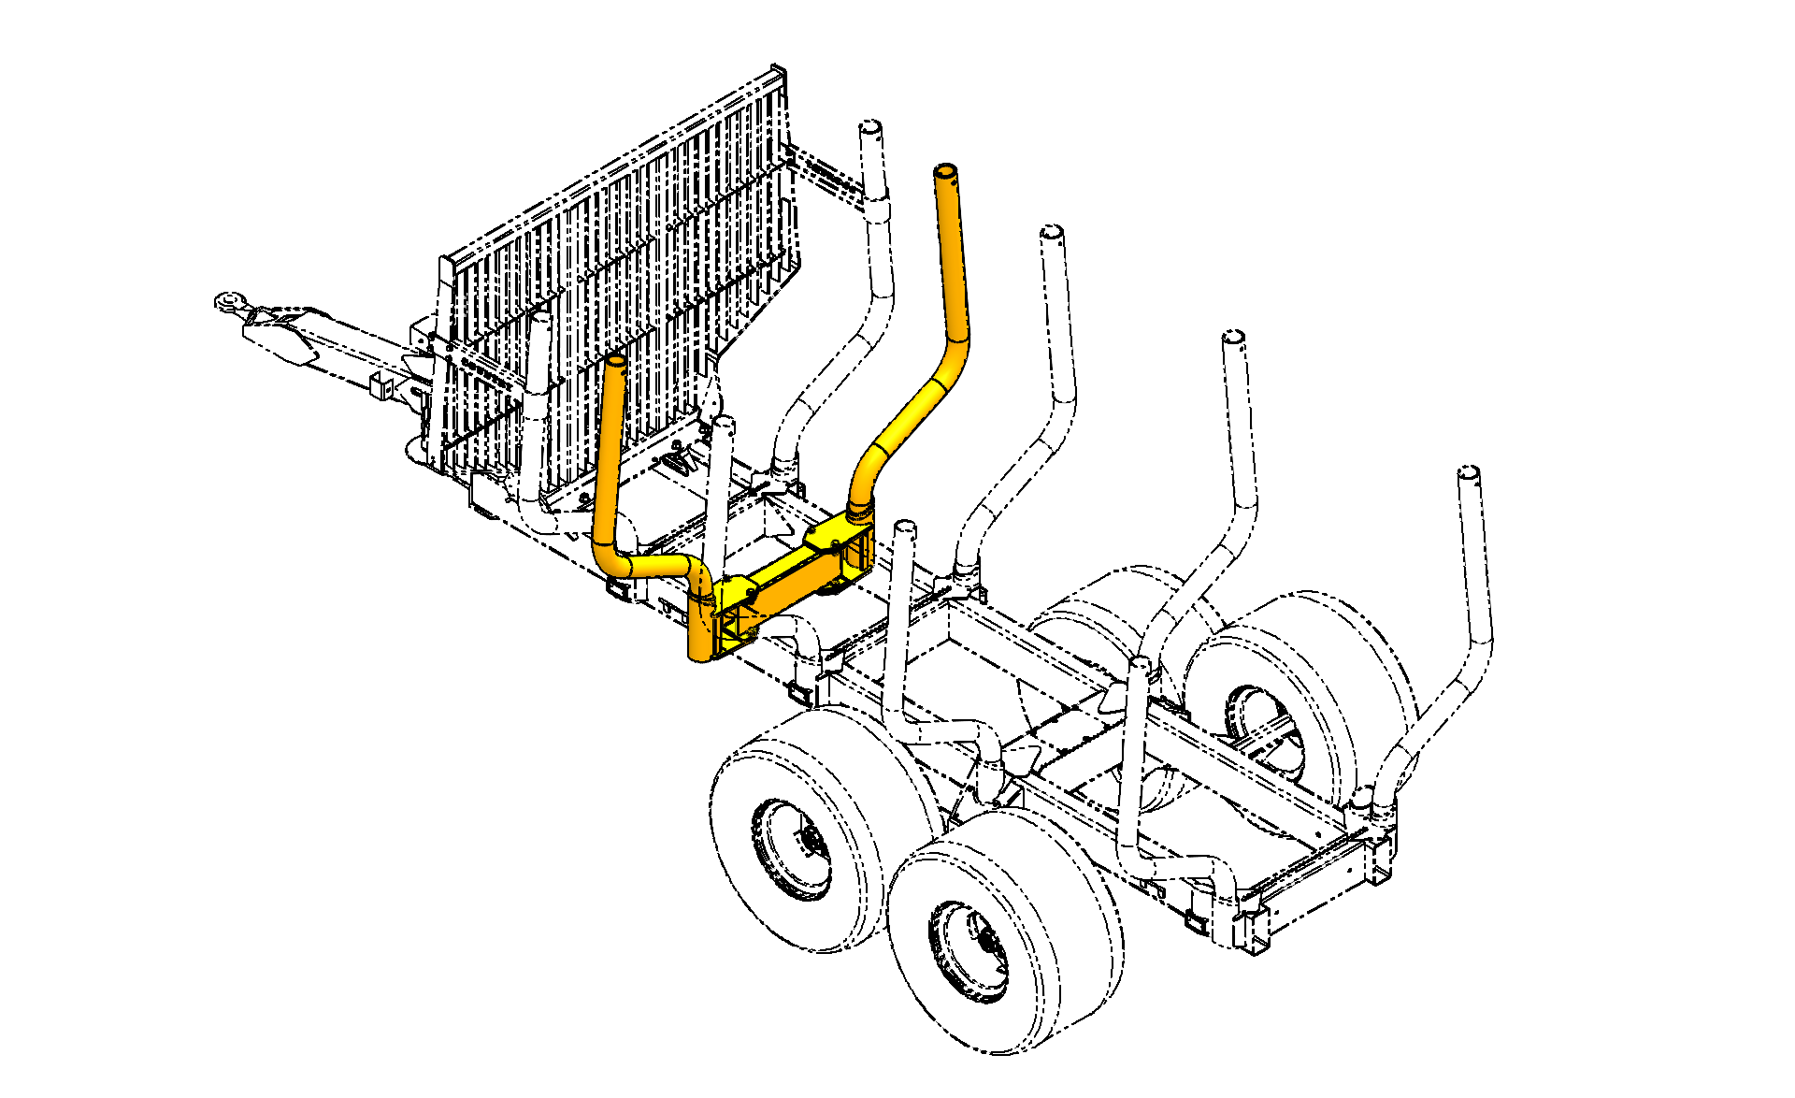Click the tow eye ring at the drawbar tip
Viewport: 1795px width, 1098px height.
click(x=229, y=301)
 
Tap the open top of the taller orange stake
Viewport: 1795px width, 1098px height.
click(x=945, y=172)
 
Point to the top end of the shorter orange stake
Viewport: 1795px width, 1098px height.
click(x=615, y=361)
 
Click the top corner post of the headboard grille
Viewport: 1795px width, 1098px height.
click(x=778, y=73)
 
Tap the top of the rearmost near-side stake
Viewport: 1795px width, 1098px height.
click(x=1140, y=664)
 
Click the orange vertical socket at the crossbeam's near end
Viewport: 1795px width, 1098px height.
click(x=699, y=627)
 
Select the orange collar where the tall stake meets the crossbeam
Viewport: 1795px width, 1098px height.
click(x=859, y=513)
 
